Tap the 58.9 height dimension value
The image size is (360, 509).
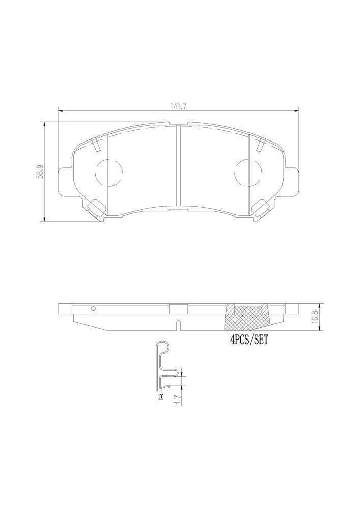pos(40,172)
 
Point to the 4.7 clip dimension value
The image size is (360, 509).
pos(177,398)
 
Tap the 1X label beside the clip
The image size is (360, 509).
pos(160,397)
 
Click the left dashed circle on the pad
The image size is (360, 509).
pos(109,174)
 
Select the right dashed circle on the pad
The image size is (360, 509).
pos(248,174)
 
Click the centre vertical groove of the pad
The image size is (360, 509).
pos(178,165)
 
